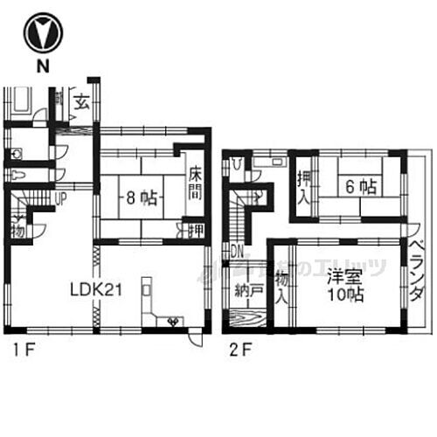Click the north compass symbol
click(x=40, y=33)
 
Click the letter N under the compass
click(x=40, y=66)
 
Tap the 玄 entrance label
click(x=81, y=103)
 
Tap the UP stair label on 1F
click(x=59, y=198)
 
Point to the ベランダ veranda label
click(x=416, y=271)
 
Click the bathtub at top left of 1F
click(x=21, y=102)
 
